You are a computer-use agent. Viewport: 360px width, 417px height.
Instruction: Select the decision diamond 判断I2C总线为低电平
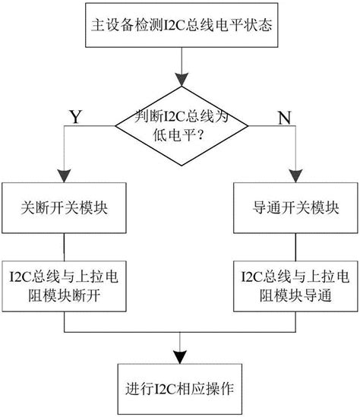point(180,126)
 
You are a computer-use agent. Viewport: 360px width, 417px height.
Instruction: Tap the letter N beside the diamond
point(284,118)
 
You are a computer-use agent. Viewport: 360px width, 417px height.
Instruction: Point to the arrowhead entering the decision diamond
point(180,81)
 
